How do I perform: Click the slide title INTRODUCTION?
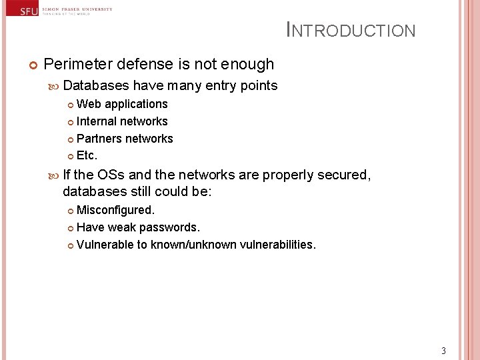tap(351, 31)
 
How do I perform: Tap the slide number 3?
tap(443, 351)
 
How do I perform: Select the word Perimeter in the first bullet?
tap(77, 65)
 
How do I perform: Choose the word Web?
tap(89, 104)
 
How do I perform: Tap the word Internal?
tap(97, 121)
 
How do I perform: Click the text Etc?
tap(87, 156)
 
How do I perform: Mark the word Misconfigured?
tap(115, 210)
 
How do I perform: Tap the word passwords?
tap(169, 227)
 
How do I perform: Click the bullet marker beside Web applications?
tap(71, 105)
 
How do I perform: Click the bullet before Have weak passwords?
tap(71, 228)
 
